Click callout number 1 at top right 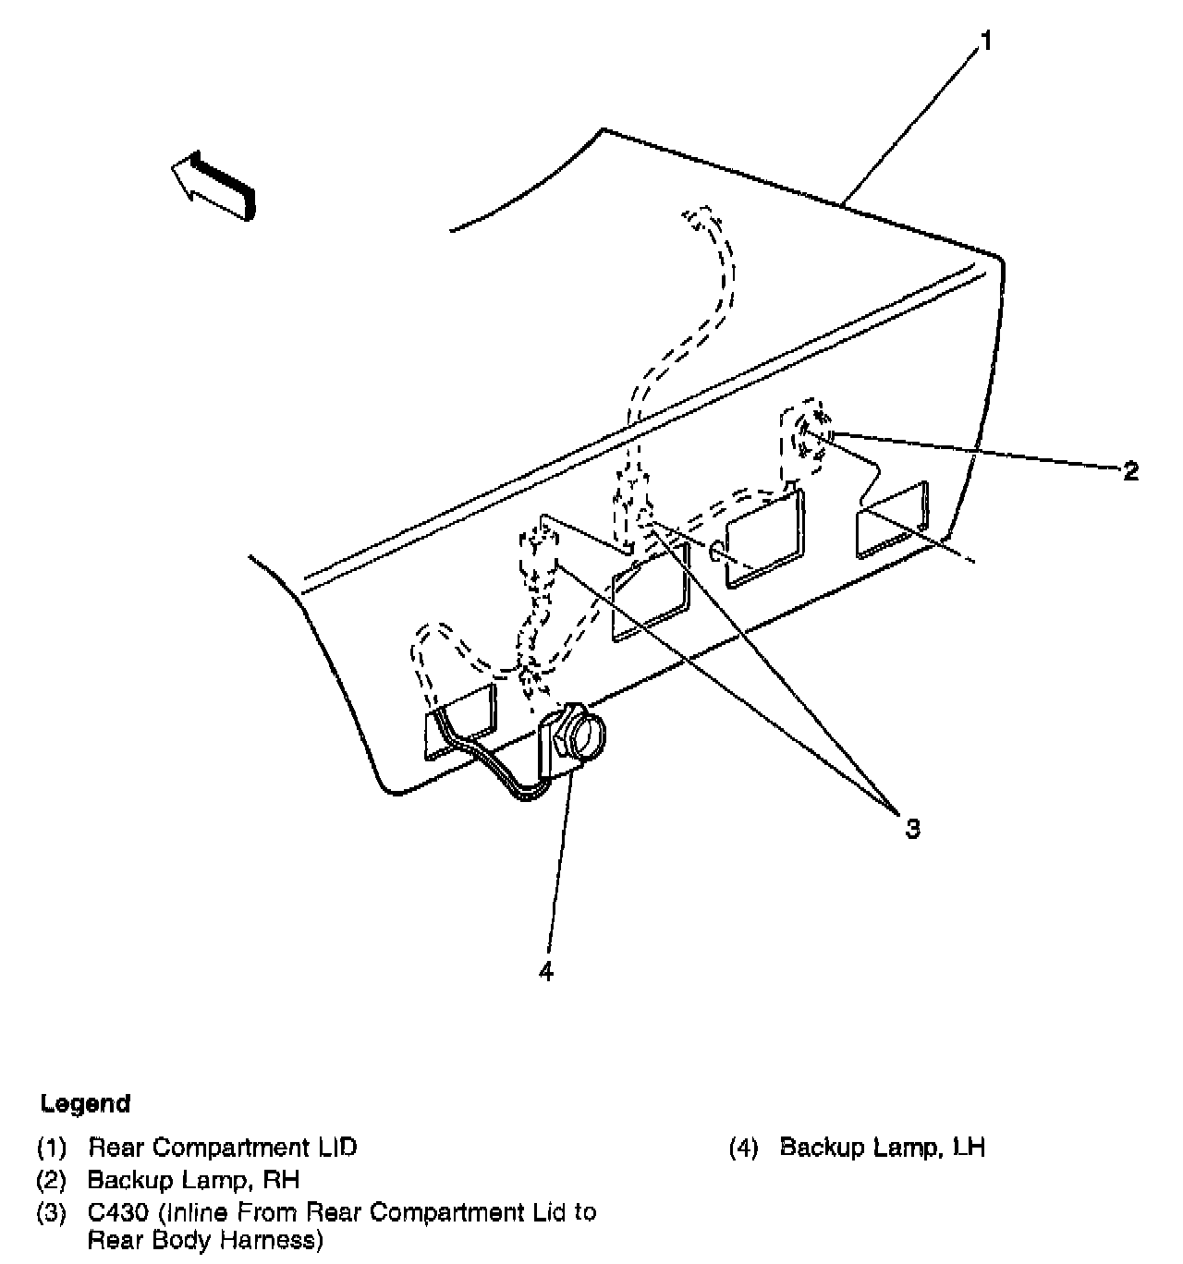click(986, 42)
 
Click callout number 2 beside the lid click(1130, 471)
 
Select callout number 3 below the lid click(912, 828)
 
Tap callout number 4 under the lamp click(546, 971)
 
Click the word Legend click(85, 1103)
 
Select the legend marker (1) click(52, 1149)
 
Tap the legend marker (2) click(52, 1180)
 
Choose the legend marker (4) click(743, 1149)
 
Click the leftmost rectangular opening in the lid click(458, 722)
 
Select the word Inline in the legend click(201, 1211)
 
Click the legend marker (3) click(52, 1211)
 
